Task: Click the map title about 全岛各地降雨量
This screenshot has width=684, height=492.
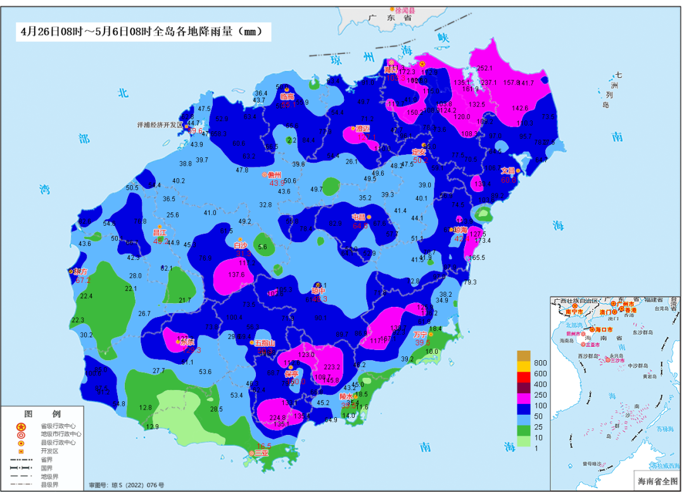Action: (x=141, y=31)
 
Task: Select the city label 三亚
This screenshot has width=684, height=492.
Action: (x=262, y=453)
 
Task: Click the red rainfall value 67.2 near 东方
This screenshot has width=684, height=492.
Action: (x=83, y=280)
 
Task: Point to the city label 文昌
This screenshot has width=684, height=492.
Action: (x=509, y=171)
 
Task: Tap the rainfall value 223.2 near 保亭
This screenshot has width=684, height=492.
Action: (x=332, y=367)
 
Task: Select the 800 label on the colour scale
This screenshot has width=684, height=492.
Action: (x=540, y=363)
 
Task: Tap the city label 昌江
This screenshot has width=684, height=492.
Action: (x=160, y=233)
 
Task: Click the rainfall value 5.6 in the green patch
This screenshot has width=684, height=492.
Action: (x=263, y=247)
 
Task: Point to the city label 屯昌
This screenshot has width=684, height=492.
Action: (x=359, y=217)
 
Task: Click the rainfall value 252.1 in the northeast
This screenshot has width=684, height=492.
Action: (x=484, y=68)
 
